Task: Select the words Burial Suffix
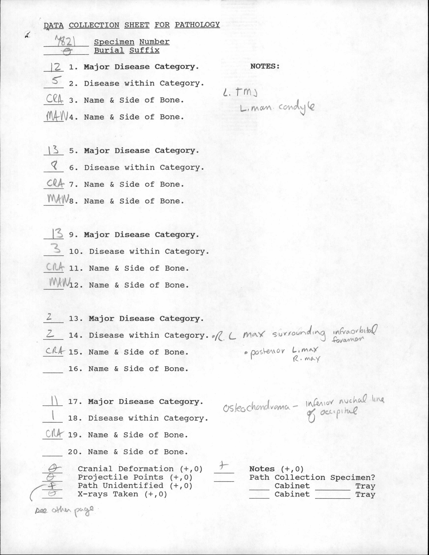coord(127,50)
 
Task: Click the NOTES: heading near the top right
coord(265,66)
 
